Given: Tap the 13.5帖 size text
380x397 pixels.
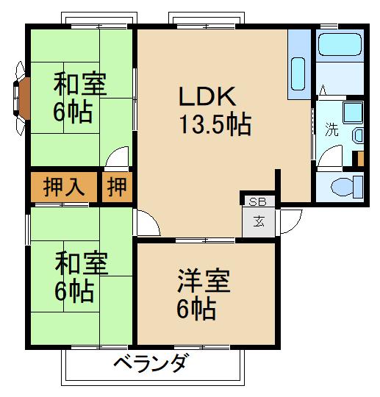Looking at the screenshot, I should pos(215,125).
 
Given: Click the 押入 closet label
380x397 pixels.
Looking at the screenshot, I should pos(64,187).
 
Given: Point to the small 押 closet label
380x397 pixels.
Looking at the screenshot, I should pos(117,187).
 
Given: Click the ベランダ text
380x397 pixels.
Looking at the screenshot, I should pos(152,364).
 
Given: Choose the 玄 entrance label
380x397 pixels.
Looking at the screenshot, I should pos(259,221).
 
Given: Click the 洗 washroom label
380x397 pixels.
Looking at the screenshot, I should pos(331,130).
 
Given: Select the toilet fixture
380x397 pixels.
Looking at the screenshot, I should pos(345,186).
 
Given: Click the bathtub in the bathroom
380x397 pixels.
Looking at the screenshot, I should pos(339,47).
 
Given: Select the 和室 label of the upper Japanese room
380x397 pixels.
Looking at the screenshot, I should pos(80,85).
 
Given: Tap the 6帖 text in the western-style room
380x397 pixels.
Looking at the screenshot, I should pos(196,309).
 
